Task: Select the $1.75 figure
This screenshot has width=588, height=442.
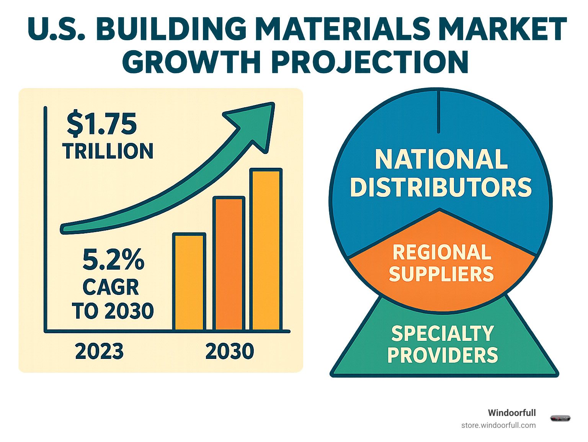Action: coord(101,124)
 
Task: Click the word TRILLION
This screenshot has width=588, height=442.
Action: coord(108,151)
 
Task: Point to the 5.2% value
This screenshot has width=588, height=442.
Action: coord(113,260)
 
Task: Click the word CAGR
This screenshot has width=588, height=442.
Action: coord(111,287)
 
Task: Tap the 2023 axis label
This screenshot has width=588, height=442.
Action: coord(99,351)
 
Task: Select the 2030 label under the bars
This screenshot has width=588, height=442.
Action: coord(230,351)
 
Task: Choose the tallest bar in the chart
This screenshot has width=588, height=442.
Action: coord(266,249)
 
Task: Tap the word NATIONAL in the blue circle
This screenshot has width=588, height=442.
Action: coord(441,159)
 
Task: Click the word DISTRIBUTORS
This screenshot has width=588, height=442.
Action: coord(441,187)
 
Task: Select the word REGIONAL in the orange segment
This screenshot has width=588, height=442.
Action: coord(442,252)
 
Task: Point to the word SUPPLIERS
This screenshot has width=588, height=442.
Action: coord(441,274)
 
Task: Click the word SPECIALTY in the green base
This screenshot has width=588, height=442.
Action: coord(443,334)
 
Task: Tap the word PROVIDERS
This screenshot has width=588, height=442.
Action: coord(443,355)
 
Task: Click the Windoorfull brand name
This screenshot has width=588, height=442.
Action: coord(511,413)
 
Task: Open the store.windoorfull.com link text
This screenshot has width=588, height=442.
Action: coord(498,425)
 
